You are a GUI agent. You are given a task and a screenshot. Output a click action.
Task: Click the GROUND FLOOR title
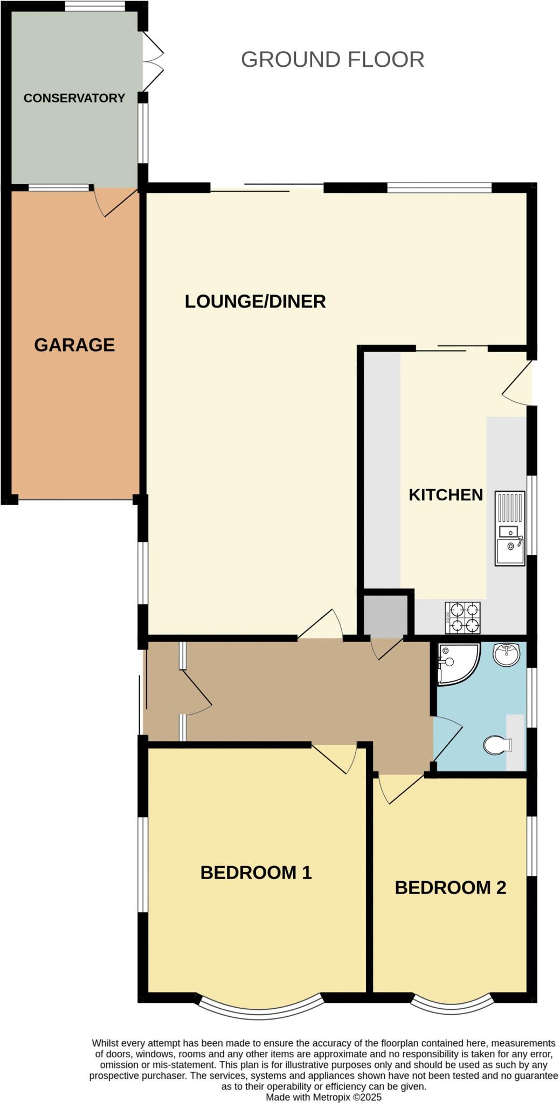pos(332,59)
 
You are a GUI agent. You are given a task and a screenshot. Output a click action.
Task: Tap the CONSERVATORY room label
pos(74,98)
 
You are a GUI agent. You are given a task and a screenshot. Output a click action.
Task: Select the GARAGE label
pos(74,345)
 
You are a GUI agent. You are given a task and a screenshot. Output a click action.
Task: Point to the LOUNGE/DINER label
pos(255,301)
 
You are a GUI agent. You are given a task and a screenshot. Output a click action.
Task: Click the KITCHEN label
pos(446,495)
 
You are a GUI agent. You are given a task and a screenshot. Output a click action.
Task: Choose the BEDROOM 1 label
pos(256,872)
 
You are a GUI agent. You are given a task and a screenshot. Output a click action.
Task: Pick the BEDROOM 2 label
pos(451,887)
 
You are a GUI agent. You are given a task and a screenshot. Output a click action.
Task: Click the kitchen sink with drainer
pos(509,528)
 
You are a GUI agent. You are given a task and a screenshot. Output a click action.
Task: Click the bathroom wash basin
pos(506,654)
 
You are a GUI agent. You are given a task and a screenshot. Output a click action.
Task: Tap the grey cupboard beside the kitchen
pos(385,615)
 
